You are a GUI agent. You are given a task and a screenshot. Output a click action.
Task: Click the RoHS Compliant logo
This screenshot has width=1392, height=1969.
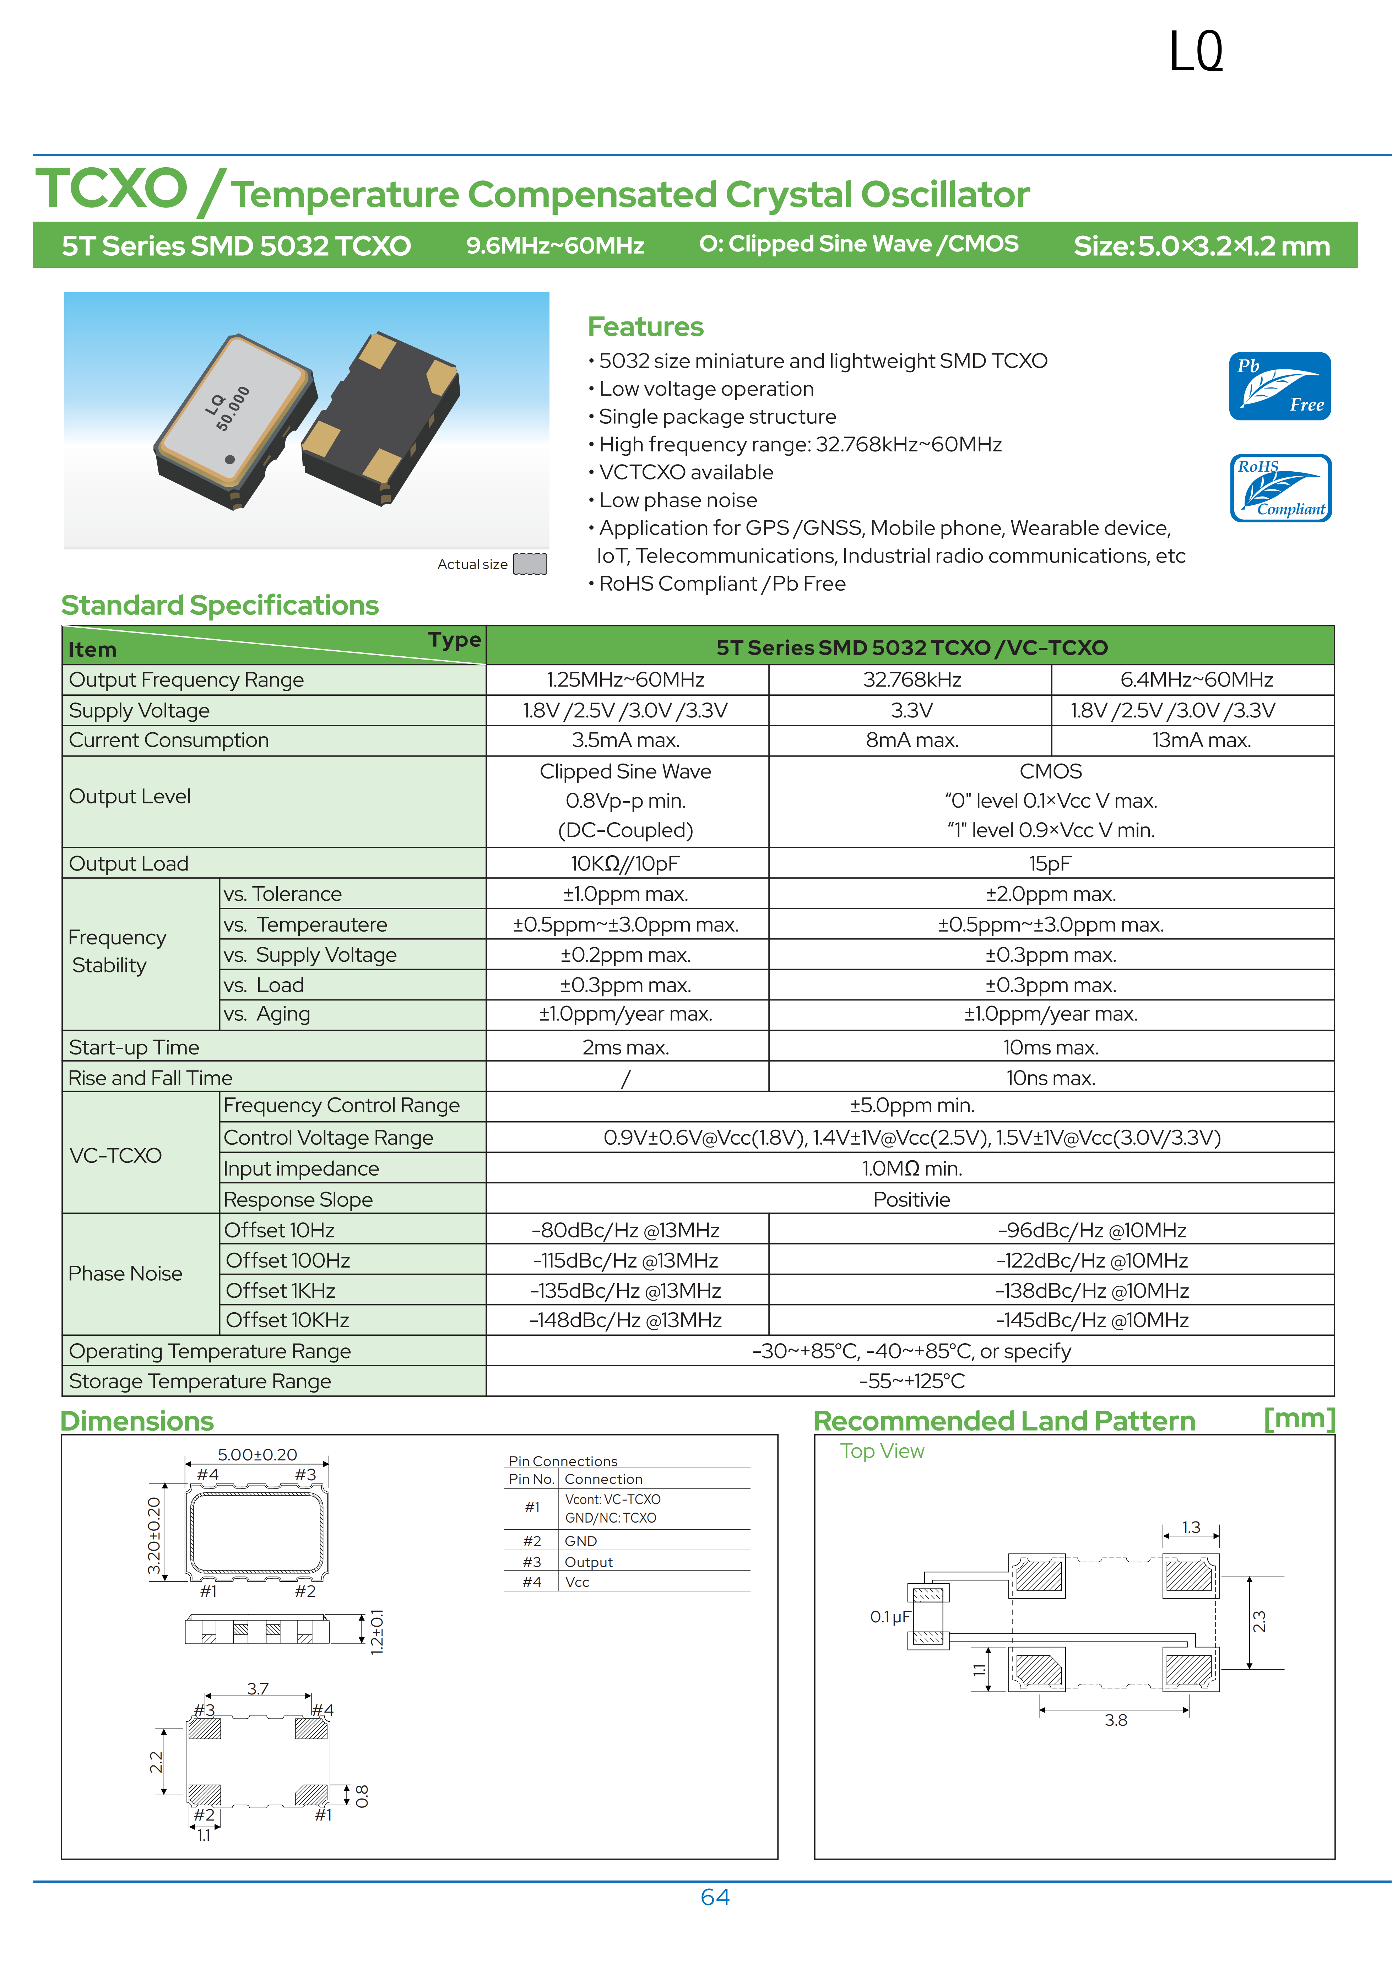1280,488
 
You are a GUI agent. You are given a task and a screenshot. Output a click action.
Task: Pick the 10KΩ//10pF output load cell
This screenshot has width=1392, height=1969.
625,864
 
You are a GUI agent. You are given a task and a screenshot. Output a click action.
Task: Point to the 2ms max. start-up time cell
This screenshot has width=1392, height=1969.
625,1047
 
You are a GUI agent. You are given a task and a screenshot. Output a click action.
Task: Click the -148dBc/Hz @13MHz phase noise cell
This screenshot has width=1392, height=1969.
625,1320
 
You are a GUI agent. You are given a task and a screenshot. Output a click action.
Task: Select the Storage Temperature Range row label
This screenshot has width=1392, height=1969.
200,1381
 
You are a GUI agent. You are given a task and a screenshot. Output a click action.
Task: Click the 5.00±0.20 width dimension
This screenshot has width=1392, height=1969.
257,1454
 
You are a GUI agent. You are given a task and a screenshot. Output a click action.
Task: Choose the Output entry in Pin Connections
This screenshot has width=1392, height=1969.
588,1562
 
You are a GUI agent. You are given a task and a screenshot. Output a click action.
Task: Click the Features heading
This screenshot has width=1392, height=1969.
645,327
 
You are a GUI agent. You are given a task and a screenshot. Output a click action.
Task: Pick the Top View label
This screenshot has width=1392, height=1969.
882,1451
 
